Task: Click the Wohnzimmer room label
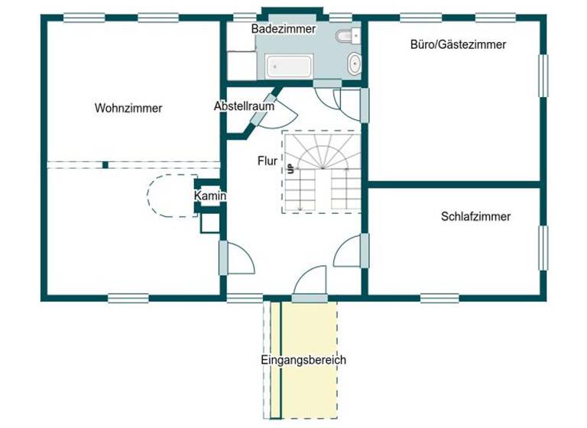point(128,109)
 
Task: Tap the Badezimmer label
point(284,28)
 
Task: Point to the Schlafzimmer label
point(475,216)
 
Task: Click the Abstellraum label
point(244,107)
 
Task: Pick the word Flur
point(267,161)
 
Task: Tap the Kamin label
point(209,196)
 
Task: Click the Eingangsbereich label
point(303,359)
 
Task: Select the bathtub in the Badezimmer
point(290,66)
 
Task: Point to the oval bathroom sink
point(355,63)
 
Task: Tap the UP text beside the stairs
point(290,169)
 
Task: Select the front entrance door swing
point(310,280)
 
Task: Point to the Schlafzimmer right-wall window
point(543,248)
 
